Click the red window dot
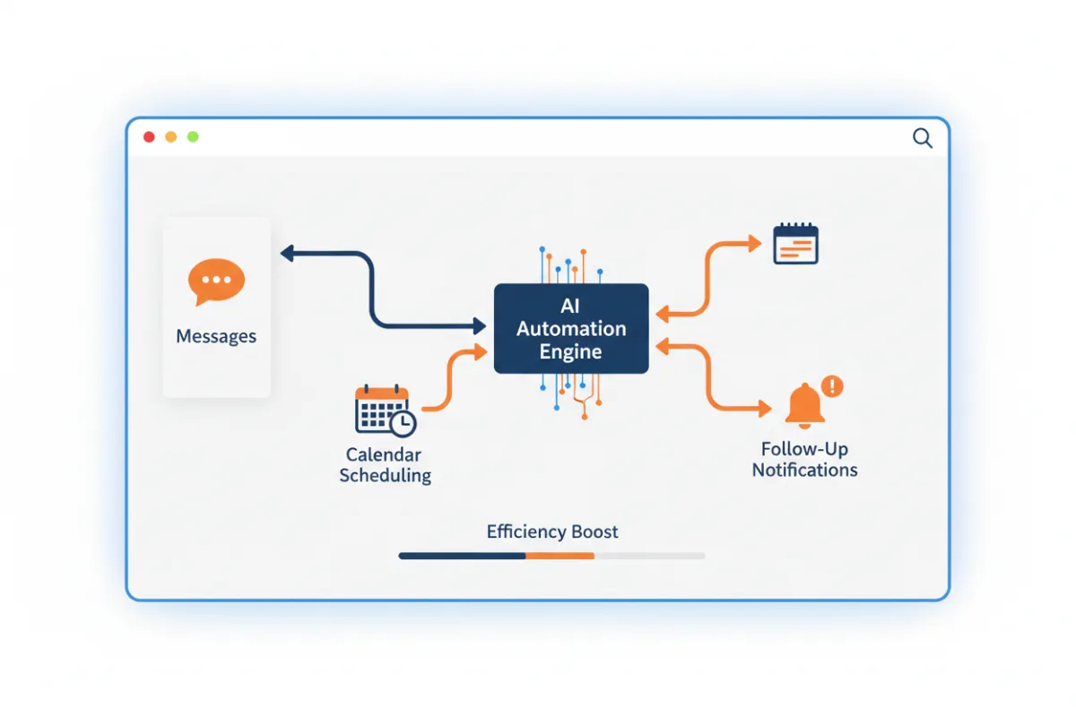coord(149,137)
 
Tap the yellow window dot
coord(171,137)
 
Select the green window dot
coord(193,137)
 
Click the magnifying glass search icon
coord(923,138)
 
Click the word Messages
coord(216,336)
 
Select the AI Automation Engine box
coord(571,329)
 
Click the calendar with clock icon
coord(386,410)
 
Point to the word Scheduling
coord(386,475)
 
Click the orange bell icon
coord(804,406)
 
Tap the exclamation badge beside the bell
coord(832,386)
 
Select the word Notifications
coord(804,470)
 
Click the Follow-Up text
coord(804,449)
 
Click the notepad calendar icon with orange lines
coord(795,244)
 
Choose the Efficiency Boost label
coord(552,531)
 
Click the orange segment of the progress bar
coord(560,556)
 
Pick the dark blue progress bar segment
coord(462,556)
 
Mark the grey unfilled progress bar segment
coord(650,556)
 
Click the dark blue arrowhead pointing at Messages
coord(287,253)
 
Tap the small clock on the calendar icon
coord(403,423)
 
